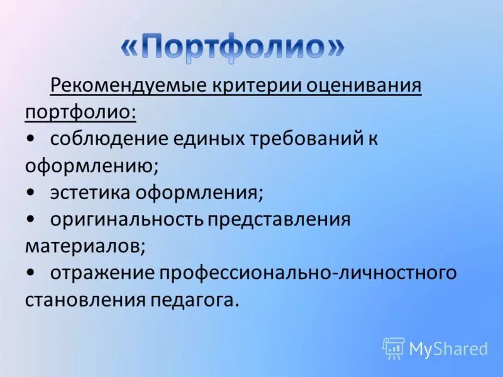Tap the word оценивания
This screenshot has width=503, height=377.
pyautogui.click(x=363, y=85)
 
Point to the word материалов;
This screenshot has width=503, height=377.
pyautogui.click(x=86, y=246)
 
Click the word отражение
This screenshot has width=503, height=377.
pyautogui.click(x=102, y=273)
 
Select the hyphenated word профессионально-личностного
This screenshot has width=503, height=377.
pyautogui.click(x=307, y=273)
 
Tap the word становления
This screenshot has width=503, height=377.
pyautogui.click(x=85, y=300)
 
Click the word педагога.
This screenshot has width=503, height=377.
pyautogui.click(x=195, y=300)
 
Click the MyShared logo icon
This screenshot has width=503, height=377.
pyautogui.click(x=394, y=348)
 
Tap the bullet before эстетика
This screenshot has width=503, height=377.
pyautogui.click(x=31, y=193)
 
